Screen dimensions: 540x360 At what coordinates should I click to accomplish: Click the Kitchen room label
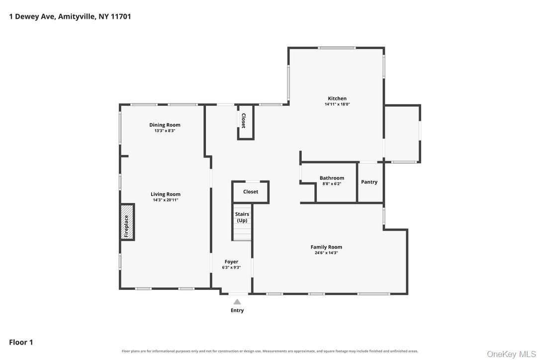click(337, 98)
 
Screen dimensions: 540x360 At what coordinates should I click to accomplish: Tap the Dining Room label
click(165, 125)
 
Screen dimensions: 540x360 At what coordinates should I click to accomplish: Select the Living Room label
click(165, 194)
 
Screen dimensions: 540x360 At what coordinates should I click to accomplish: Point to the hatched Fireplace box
click(127, 222)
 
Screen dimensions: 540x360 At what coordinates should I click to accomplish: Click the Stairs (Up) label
click(242, 217)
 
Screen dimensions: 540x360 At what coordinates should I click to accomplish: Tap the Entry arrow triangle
click(237, 302)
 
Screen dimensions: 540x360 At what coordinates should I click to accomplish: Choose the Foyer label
click(231, 262)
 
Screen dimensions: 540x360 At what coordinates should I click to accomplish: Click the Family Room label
click(326, 247)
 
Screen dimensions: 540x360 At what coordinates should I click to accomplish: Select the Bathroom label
click(332, 178)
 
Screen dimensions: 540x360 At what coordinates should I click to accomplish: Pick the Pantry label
click(369, 182)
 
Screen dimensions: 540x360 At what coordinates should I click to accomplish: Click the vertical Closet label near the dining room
click(244, 120)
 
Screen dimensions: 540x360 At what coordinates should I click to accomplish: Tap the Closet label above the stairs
click(251, 191)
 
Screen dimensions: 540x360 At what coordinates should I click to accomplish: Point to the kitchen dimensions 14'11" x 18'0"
click(337, 104)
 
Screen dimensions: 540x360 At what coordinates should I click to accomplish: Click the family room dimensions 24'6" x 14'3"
click(326, 253)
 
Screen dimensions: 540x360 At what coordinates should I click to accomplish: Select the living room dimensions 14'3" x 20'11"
click(165, 200)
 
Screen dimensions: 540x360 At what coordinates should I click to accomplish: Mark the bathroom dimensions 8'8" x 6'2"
click(332, 183)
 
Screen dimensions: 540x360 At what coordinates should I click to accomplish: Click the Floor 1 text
click(21, 342)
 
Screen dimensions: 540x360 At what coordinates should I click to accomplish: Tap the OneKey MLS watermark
click(512, 354)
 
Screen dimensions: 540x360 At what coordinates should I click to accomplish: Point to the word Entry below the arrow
click(237, 310)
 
